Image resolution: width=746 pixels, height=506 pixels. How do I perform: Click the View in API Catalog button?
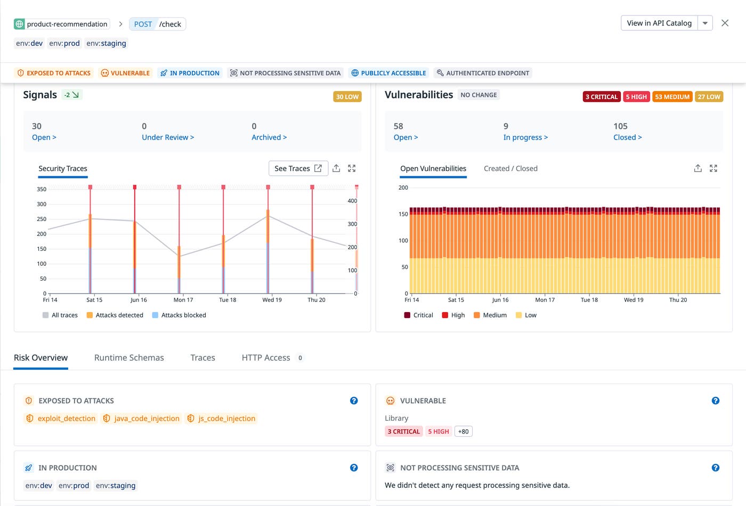click(x=659, y=23)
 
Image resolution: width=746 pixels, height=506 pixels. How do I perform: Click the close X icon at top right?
click(x=725, y=23)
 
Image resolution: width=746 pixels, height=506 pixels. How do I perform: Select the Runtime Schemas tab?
click(x=129, y=357)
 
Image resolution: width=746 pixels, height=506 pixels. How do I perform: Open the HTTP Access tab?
click(x=266, y=357)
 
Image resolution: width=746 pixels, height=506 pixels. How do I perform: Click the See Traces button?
click(x=298, y=168)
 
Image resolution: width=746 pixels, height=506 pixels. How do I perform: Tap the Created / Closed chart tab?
click(x=510, y=168)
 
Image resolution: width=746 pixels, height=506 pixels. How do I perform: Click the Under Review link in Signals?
click(x=167, y=137)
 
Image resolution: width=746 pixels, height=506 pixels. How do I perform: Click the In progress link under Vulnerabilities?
click(x=525, y=137)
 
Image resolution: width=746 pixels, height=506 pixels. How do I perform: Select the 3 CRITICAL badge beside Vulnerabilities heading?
click(x=601, y=96)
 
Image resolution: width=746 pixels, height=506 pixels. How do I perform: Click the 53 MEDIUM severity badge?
click(x=672, y=96)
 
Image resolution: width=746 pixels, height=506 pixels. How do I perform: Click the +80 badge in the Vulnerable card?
click(x=463, y=431)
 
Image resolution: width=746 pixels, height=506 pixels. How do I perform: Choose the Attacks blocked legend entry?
click(x=179, y=315)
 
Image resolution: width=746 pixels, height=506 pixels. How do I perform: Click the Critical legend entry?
click(x=419, y=315)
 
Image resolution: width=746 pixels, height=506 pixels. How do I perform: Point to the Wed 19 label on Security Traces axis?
click(x=272, y=300)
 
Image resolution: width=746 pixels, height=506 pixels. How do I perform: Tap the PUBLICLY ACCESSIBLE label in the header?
click(x=388, y=73)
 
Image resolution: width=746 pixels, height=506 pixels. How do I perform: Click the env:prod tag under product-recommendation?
click(x=64, y=43)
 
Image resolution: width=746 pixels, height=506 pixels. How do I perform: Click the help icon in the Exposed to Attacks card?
click(x=354, y=401)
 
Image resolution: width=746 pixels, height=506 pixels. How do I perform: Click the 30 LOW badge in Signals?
click(x=347, y=96)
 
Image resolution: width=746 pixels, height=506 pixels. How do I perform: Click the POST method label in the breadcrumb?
click(x=143, y=24)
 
